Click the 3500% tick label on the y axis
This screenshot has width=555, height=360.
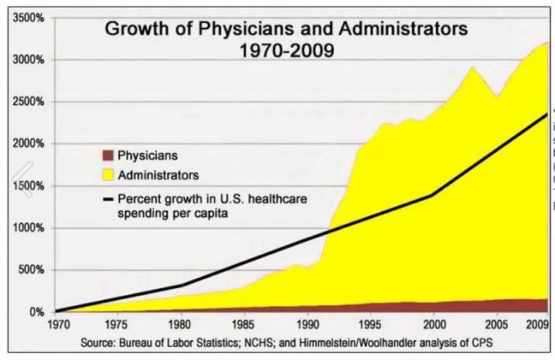(x=29, y=17)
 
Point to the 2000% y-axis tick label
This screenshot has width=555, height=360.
(x=29, y=144)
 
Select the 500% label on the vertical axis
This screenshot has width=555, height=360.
(x=32, y=270)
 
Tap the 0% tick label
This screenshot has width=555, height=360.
(x=36, y=312)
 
